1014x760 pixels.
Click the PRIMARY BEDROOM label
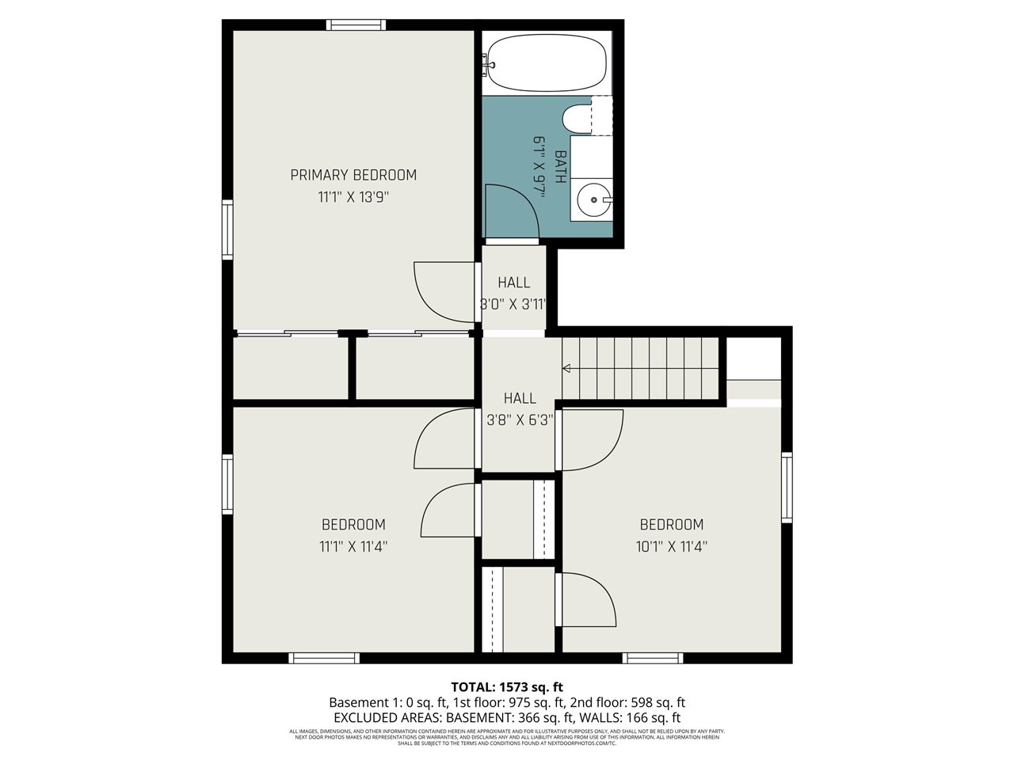353,175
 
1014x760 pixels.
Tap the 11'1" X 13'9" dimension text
353,197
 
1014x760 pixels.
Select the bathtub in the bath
547,62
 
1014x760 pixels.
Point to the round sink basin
593,200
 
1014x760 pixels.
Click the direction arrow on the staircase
567,368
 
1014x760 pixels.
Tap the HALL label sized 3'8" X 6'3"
520,398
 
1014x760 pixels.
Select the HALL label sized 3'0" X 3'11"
513,283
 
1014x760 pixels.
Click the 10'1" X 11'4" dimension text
671,546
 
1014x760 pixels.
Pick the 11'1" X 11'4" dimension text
353,546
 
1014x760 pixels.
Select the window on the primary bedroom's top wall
356,25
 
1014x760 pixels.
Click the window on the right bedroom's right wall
787,487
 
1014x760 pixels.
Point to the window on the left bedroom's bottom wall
324,658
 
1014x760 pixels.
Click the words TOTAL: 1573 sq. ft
507,687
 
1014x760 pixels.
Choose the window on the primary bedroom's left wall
227,230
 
